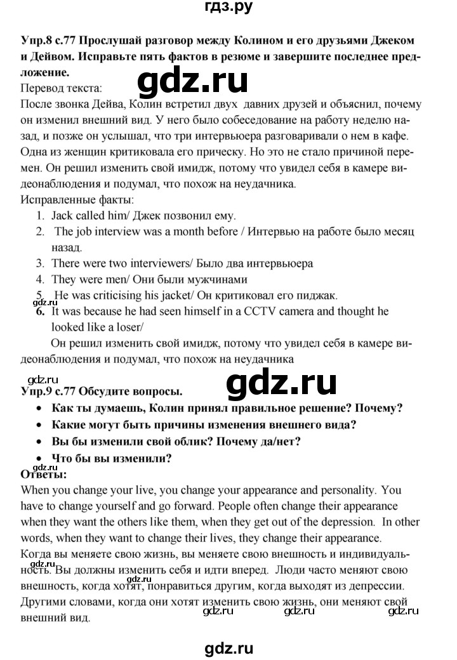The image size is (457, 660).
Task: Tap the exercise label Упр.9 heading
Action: pyautogui.click(x=36, y=392)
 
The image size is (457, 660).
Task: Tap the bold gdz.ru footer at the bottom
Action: pyautogui.click(x=227, y=647)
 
